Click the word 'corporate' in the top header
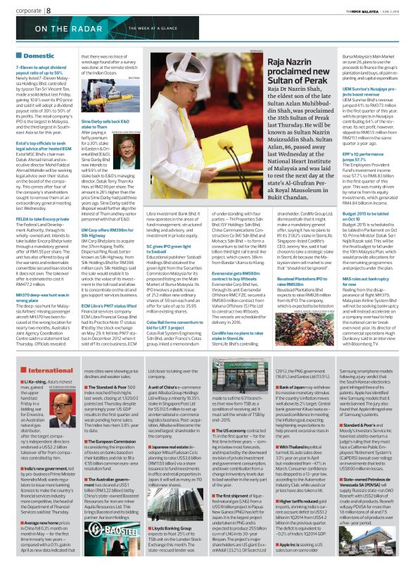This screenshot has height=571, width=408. (x=23, y=11)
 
